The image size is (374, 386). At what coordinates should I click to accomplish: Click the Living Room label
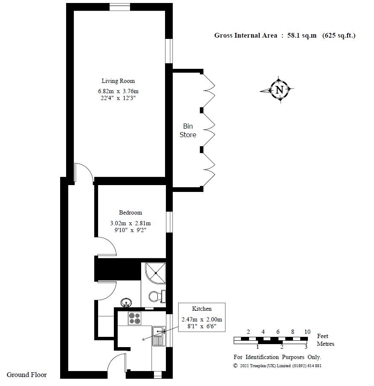[x=118, y=81]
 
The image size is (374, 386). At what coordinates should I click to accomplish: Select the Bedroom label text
[x=130, y=212]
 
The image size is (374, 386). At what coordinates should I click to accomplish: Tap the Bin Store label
[x=188, y=130]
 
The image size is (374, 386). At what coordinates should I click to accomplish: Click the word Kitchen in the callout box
[x=202, y=309]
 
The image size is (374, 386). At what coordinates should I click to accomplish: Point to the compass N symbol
[x=279, y=90]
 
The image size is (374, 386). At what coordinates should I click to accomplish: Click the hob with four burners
[x=135, y=318]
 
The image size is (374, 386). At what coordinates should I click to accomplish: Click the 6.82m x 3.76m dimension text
[x=119, y=91]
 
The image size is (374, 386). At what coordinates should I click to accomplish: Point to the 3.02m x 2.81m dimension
[x=130, y=223]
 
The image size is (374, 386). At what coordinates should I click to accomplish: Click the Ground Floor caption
[x=26, y=375]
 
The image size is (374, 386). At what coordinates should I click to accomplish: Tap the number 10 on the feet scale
[x=307, y=332]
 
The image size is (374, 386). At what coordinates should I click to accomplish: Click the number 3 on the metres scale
[x=306, y=347]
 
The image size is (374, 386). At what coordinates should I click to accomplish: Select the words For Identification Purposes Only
[x=277, y=357]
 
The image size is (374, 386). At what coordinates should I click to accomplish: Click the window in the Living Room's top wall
[x=120, y=7]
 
